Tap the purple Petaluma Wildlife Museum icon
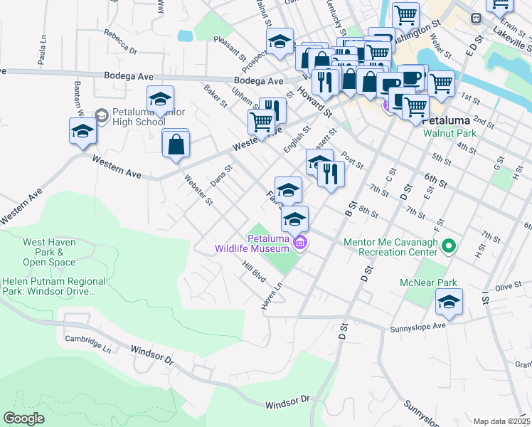click(x=300, y=243)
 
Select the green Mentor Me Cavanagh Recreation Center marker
click(x=449, y=247)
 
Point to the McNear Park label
click(x=437, y=283)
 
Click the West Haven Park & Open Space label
click(x=49, y=252)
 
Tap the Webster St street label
click(x=198, y=189)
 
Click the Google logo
click(x=24, y=418)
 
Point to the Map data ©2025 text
click(x=501, y=421)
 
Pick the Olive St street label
click(x=509, y=286)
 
